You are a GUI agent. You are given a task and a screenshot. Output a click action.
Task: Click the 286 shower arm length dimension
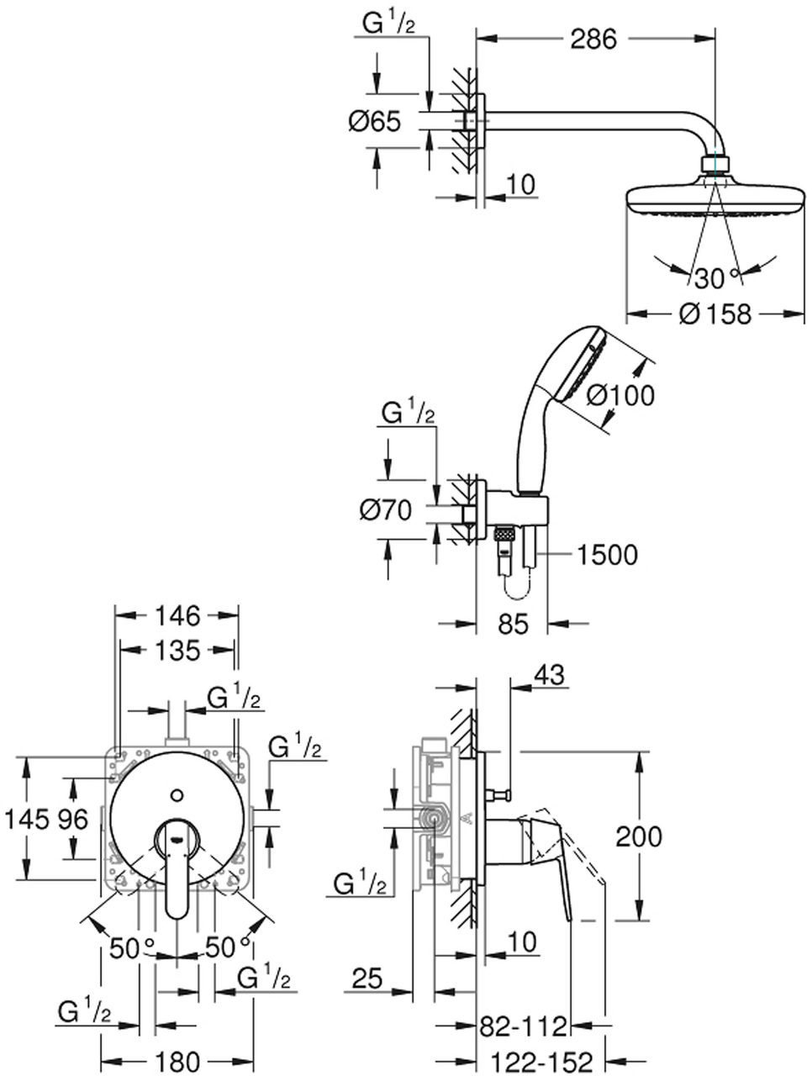point(595,39)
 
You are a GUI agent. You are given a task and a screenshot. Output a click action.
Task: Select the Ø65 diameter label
point(375,123)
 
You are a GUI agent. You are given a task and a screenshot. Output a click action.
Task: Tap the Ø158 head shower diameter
point(715,314)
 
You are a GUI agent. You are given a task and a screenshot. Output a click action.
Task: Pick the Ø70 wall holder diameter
point(386,509)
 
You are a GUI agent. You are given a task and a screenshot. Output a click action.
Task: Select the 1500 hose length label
point(606,555)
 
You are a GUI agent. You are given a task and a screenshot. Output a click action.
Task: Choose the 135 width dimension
point(177,650)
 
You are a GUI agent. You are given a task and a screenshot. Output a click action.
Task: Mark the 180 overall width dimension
point(178,1062)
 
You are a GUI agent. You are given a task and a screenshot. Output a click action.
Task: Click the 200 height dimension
point(639,836)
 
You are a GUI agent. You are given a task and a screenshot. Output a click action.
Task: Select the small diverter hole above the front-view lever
point(177,794)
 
